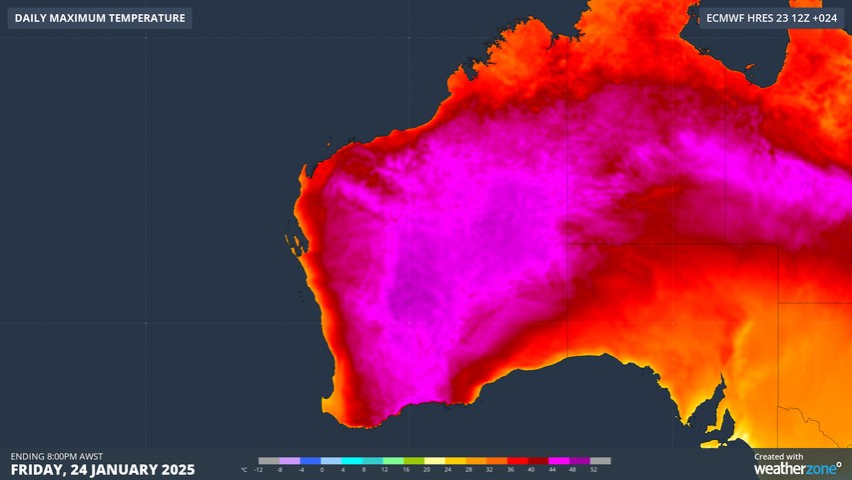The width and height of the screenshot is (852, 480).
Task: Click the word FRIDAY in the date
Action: tap(37, 469)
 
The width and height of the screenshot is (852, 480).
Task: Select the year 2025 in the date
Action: tap(176, 469)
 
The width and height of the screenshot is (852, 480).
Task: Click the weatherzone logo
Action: tap(796, 468)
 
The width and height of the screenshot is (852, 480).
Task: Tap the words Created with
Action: tap(778, 456)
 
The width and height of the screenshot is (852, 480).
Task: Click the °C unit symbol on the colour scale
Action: tap(245, 469)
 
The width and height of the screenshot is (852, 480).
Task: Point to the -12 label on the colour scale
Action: tap(259, 469)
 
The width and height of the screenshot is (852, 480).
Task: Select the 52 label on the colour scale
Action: tap(593, 469)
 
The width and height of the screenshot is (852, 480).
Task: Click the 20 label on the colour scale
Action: tap(426, 469)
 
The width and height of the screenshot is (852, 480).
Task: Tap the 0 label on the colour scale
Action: tap(322, 469)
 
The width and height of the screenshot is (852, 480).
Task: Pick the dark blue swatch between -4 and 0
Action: tap(311, 461)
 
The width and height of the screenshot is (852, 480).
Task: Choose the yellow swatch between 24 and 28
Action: tap(457, 461)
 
